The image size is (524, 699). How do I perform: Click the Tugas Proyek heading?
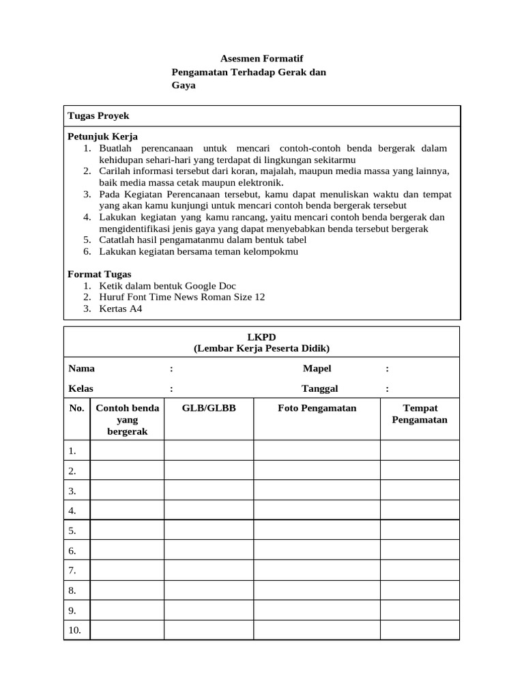click(98, 116)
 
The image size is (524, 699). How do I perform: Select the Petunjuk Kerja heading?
click(102, 137)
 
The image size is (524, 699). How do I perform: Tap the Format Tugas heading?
click(100, 274)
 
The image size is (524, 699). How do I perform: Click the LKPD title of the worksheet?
click(261, 337)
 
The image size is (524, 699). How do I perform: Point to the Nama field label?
click(82, 369)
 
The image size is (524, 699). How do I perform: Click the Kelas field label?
click(81, 388)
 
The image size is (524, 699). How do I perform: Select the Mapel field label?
click(317, 369)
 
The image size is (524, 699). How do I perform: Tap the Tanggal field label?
click(319, 388)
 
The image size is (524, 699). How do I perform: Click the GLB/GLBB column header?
click(209, 408)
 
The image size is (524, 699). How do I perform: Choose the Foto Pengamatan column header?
click(317, 408)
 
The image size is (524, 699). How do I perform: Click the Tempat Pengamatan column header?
click(420, 414)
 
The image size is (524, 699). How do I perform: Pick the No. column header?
click(76, 408)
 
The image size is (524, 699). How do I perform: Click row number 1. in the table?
click(72, 451)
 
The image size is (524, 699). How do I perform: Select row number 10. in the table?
click(74, 630)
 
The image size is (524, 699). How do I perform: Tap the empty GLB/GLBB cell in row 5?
click(209, 530)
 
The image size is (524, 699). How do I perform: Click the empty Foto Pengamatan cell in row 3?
click(317, 491)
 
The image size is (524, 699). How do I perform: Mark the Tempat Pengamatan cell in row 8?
click(420, 590)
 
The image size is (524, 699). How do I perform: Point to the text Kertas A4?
click(121, 309)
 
